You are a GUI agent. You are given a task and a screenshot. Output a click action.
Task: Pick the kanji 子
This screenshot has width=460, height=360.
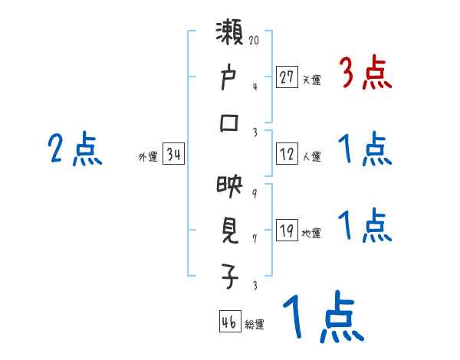tap(229, 277)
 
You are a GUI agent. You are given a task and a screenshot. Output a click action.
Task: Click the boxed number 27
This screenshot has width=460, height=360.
tap(287, 77)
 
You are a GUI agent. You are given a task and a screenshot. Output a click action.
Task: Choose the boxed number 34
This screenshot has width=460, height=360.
tap(173, 155)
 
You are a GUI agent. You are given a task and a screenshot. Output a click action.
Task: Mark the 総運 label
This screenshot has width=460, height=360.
tap(255, 325)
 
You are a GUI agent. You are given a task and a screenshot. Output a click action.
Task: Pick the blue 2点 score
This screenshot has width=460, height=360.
tap(76, 149)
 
